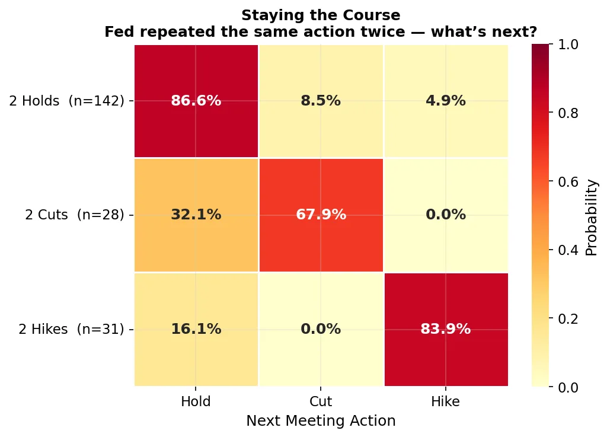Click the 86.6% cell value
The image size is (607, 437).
196,101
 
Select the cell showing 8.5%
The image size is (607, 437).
321,101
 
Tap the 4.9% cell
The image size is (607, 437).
446,101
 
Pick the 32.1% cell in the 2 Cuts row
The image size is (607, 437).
196,215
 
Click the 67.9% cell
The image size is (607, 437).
321,215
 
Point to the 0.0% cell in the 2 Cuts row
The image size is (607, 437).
446,215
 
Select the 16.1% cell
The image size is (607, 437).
196,329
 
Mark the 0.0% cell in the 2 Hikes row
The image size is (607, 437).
321,329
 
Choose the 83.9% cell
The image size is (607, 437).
446,329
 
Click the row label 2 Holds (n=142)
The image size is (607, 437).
66,101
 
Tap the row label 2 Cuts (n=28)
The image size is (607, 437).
75,215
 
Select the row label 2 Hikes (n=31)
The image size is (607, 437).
71,329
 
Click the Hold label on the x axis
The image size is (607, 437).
196,402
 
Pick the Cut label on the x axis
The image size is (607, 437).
321,402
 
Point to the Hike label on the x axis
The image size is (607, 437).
446,402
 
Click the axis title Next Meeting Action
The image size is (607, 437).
321,421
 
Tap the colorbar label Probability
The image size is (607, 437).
592,217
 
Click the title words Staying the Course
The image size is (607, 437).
321,15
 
